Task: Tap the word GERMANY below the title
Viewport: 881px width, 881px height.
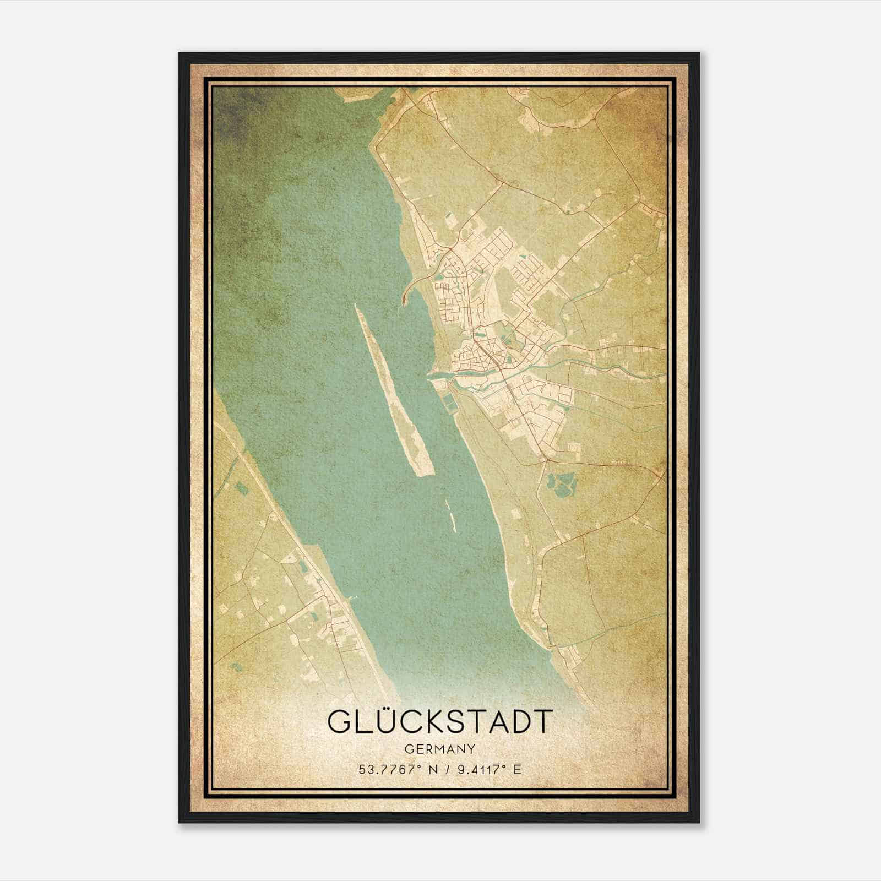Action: click(x=440, y=749)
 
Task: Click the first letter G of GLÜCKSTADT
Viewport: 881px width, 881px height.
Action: click(x=340, y=721)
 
